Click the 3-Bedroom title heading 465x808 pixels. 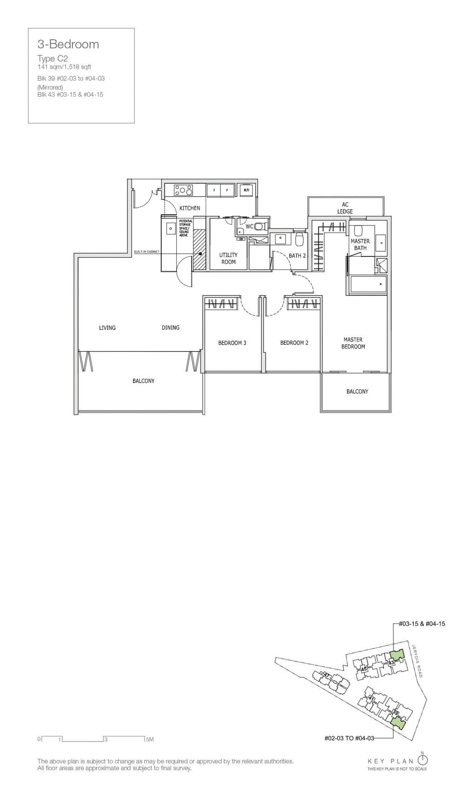(68, 45)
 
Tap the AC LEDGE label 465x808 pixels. (345, 208)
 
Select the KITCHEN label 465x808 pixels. (190, 208)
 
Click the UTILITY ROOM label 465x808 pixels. (228, 258)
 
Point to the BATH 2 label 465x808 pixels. (297, 256)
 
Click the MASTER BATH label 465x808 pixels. (360, 244)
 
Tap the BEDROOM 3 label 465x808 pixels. (232, 343)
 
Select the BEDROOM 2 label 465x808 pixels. (294, 343)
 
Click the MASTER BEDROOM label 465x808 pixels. (353, 343)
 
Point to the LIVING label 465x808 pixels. (107, 328)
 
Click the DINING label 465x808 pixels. (171, 328)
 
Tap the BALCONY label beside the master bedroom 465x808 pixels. (357, 392)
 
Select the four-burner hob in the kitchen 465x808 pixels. (184, 190)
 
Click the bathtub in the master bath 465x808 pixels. (368, 284)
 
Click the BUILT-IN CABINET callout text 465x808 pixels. (146, 251)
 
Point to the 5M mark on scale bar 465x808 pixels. (149, 739)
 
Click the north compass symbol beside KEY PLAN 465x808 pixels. (422, 760)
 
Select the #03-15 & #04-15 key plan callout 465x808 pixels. (422, 624)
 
